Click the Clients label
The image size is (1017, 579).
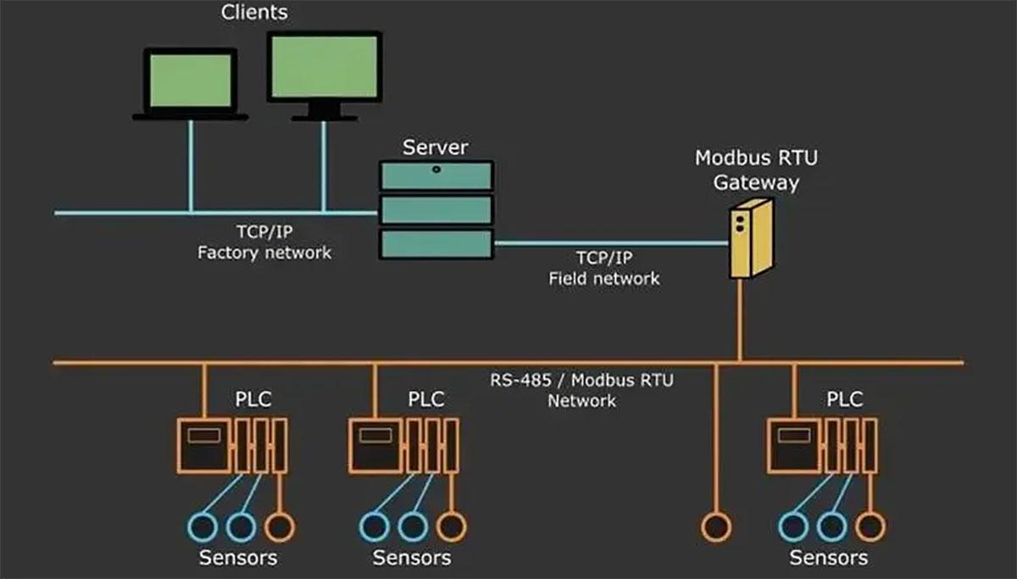pyautogui.click(x=254, y=13)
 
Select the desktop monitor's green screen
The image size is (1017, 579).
pyautogui.click(x=324, y=67)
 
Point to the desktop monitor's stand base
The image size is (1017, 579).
pyautogui.click(x=324, y=115)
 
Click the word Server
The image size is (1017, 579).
pyautogui.click(x=435, y=148)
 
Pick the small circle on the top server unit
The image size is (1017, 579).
pyautogui.click(x=436, y=170)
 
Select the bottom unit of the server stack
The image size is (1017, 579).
pyautogui.click(x=436, y=243)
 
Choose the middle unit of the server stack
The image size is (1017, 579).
pyautogui.click(x=436, y=209)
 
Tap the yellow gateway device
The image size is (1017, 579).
pyautogui.click(x=750, y=238)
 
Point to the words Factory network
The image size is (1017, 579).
pyautogui.click(x=264, y=253)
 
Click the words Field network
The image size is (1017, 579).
pyautogui.click(x=603, y=277)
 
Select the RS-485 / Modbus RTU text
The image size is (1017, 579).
pyautogui.click(x=581, y=380)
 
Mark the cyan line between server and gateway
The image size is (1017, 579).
pyautogui.click(x=610, y=243)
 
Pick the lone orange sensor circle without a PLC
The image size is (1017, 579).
pyautogui.click(x=716, y=526)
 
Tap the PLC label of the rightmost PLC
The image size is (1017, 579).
pyautogui.click(x=844, y=398)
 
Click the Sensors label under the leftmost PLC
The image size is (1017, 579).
pyautogui.click(x=238, y=558)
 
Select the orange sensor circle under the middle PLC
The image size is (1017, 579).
pyautogui.click(x=452, y=526)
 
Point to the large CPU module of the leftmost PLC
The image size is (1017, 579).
pyautogui.click(x=203, y=445)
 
